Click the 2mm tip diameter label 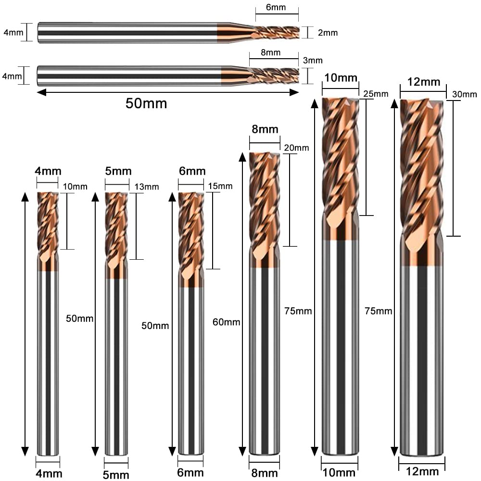tap(328, 33)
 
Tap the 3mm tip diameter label tap(313, 60)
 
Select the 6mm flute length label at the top tap(276, 7)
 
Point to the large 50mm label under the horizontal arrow tap(146, 103)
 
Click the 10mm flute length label tap(75, 187)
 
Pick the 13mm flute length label tap(147, 187)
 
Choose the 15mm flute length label tap(220, 186)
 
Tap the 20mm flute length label tap(296, 148)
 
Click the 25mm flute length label tap(376, 94)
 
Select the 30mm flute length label tap(465, 94)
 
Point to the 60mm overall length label tap(227, 322)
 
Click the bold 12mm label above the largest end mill tap(424, 82)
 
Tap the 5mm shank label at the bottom tap(116, 475)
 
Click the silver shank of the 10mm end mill tap(341, 347)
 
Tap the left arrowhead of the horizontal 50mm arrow tap(41, 92)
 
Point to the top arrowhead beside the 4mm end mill tap(25, 197)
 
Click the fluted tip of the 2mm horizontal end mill tap(276, 33)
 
